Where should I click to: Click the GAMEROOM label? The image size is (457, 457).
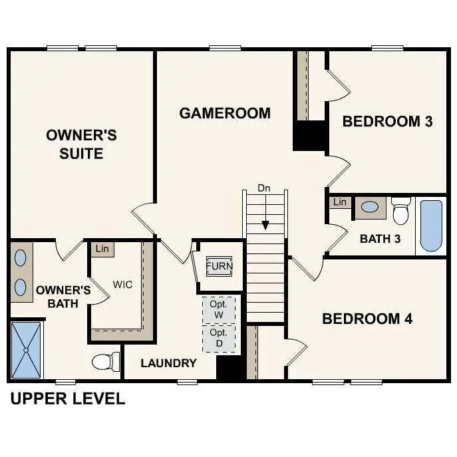click(x=225, y=113)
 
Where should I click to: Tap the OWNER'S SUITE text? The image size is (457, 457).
click(x=81, y=144)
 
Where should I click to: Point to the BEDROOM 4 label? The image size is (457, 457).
click(x=367, y=319)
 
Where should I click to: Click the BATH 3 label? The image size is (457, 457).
click(x=380, y=239)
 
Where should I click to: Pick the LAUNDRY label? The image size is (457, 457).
click(x=168, y=363)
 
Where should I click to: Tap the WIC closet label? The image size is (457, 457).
click(x=122, y=285)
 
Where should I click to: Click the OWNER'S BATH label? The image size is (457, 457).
click(x=63, y=297)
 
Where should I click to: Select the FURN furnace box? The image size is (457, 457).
click(x=219, y=267)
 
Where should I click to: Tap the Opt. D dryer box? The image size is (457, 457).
click(x=218, y=337)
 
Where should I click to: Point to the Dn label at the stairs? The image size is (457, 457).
click(x=264, y=188)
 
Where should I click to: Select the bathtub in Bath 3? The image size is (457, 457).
click(x=431, y=226)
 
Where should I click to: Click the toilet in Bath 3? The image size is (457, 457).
click(x=400, y=212)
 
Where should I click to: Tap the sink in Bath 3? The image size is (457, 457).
click(x=369, y=207)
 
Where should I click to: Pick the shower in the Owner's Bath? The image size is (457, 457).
click(x=26, y=350)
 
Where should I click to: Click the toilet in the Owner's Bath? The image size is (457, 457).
click(x=104, y=362)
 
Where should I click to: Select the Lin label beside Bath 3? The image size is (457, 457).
click(x=340, y=202)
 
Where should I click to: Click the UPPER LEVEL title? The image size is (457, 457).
click(x=67, y=399)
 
